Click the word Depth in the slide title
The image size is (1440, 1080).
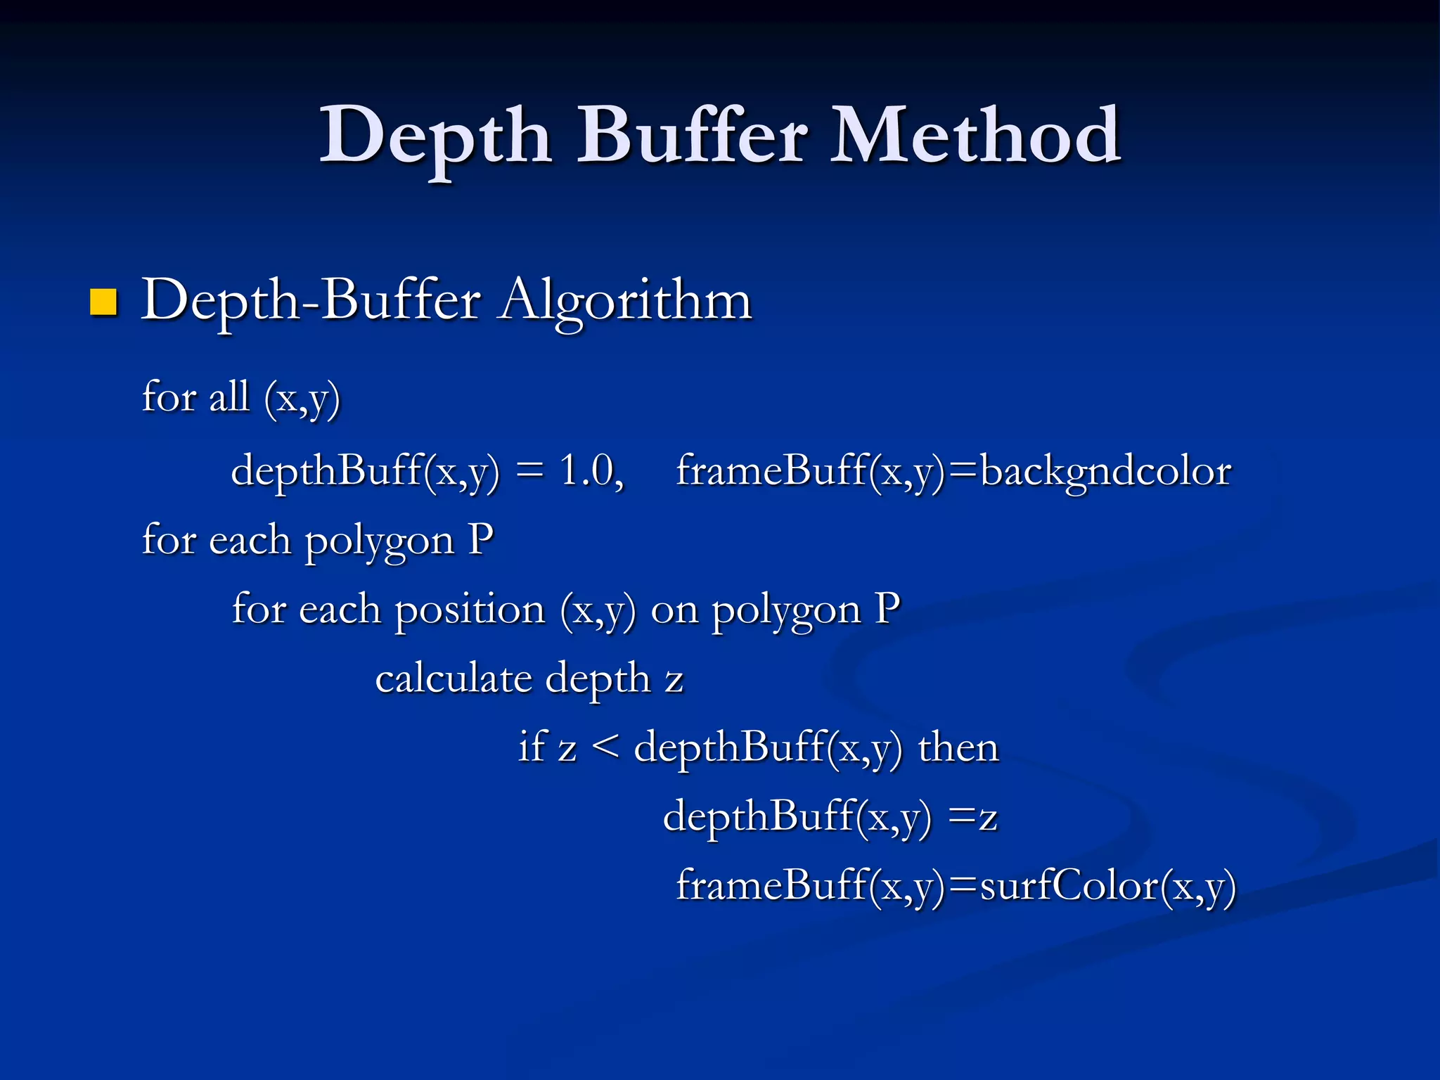pos(435,136)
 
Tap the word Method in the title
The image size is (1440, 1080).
pos(975,135)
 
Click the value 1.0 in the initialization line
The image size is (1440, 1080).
pos(589,470)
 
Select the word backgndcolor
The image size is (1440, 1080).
pos(1105,470)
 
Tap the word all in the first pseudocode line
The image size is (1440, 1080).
pos(229,397)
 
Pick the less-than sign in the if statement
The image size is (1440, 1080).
pos(605,747)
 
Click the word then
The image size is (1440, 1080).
pos(958,747)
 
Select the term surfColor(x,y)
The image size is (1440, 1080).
pos(1107,885)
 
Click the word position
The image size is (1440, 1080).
pos(470,610)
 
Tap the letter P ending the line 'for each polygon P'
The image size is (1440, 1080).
pos(480,539)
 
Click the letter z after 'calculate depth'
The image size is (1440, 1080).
pos(674,680)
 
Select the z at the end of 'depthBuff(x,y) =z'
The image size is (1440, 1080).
pos(987,818)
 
